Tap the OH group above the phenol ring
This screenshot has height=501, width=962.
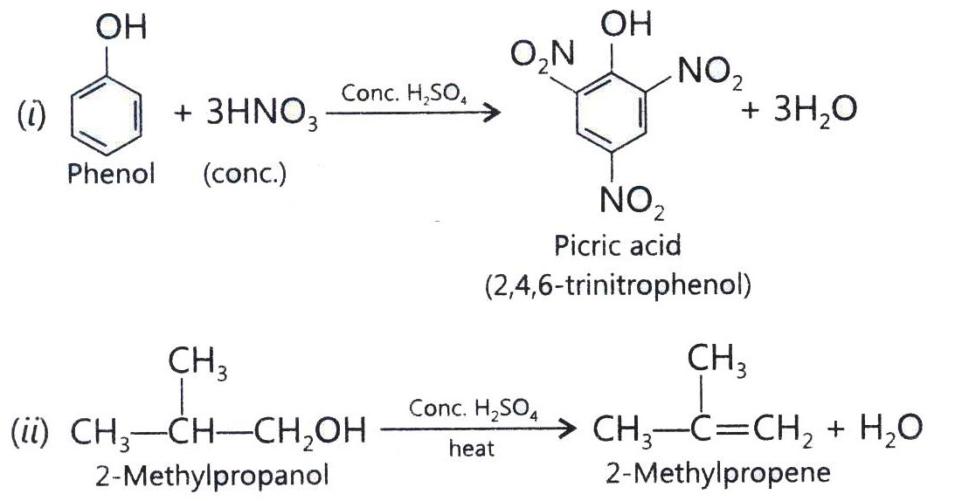point(121,27)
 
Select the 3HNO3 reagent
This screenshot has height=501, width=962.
point(261,114)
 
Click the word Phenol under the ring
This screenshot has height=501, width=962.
point(110,175)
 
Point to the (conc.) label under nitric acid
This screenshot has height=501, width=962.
point(245,175)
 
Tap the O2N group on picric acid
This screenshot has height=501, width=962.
point(543,57)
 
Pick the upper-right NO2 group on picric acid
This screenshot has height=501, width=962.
point(709,75)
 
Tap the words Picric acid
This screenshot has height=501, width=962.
point(617,246)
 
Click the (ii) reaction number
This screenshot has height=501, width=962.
point(30,431)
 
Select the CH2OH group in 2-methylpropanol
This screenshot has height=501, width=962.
point(310,430)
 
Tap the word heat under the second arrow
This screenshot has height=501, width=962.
point(471,449)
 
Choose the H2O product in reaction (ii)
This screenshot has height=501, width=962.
point(890,429)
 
